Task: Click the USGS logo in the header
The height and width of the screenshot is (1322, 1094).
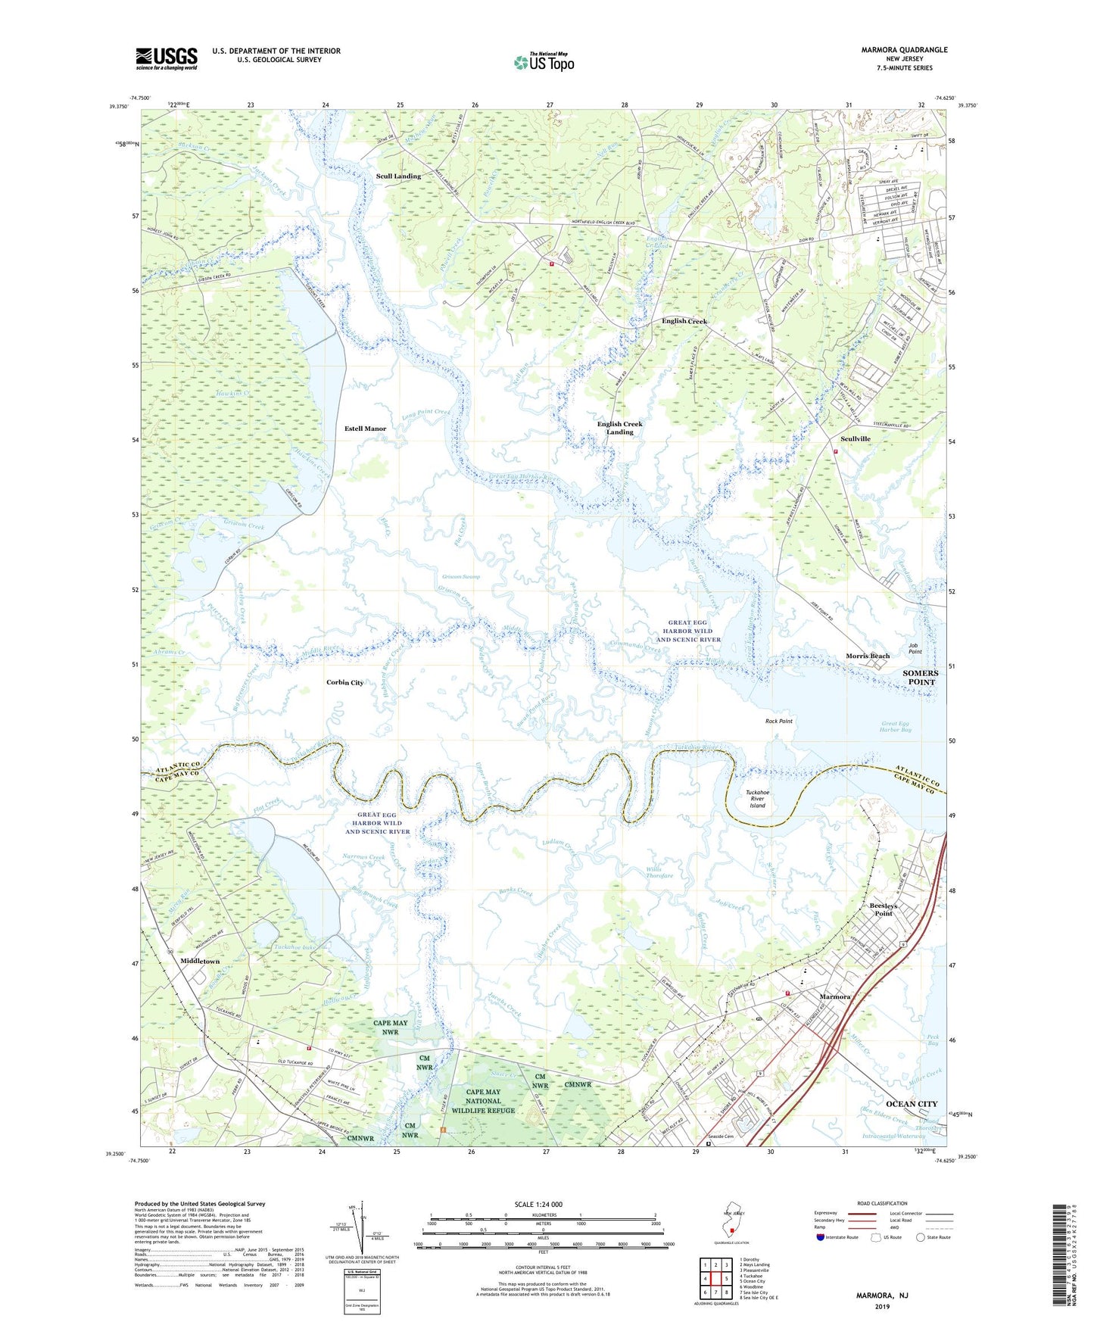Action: coord(167,58)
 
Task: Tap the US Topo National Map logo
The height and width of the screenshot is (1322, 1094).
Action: coord(544,62)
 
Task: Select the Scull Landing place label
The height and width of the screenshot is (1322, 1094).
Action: coord(398,176)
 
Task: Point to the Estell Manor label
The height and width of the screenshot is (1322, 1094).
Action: coord(365,429)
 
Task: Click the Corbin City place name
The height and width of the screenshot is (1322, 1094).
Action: coord(344,682)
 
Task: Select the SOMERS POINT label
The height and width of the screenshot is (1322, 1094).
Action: coord(920,678)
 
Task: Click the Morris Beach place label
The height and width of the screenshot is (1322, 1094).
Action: coord(868,656)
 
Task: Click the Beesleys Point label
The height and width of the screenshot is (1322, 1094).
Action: coord(883,909)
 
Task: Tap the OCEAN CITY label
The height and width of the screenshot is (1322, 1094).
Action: coord(912,1104)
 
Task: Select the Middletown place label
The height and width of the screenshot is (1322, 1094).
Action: coord(200,962)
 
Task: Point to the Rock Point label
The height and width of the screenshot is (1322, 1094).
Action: coord(778,721)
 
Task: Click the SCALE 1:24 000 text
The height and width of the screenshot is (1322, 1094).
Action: coord(538,1204)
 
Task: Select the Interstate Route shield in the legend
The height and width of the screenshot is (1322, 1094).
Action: coord(821,1238)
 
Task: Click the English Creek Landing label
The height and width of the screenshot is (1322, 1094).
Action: coord(619,428)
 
